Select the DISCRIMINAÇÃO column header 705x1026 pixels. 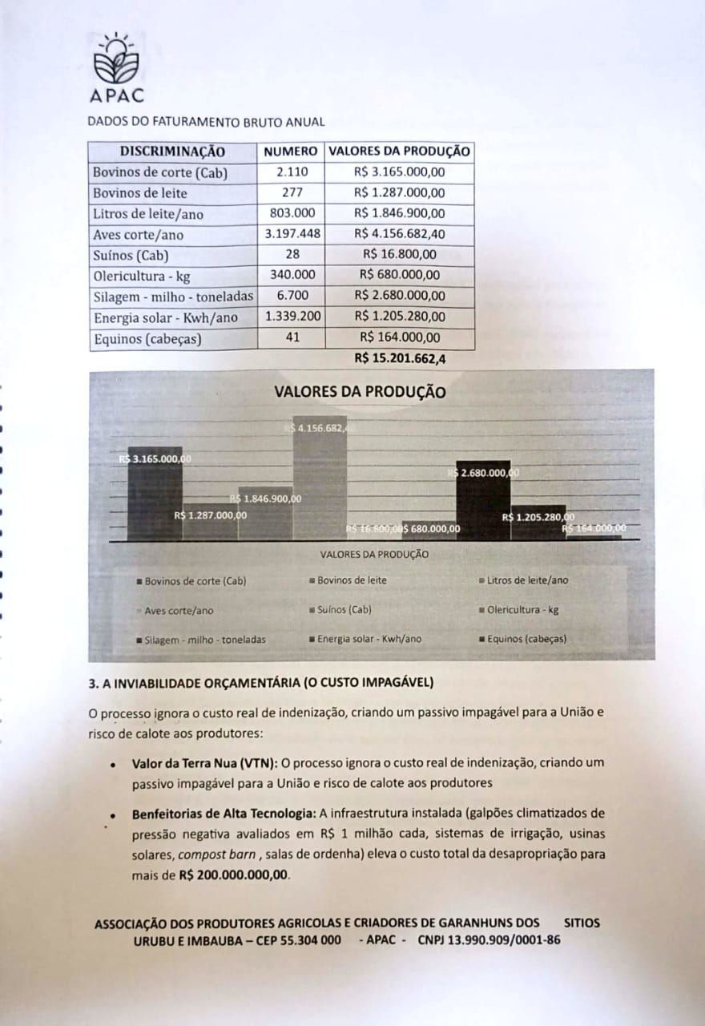[x=172, y=151]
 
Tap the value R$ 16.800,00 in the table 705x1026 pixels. [x=400, y=255]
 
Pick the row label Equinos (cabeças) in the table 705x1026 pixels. [x=147, y=339]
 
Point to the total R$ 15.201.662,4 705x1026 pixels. [x=401, y=359]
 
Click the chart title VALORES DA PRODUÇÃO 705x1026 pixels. [x=360, y=392]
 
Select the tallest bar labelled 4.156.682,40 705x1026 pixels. [x=320, y=481]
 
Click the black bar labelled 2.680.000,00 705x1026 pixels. [x=482, y=501]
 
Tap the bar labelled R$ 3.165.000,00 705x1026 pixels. [x=155, y=493]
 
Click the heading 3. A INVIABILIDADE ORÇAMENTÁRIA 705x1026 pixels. [x=260, y=683]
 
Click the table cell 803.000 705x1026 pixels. [x=292, y=213]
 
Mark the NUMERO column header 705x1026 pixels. [x=292, y=151]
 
